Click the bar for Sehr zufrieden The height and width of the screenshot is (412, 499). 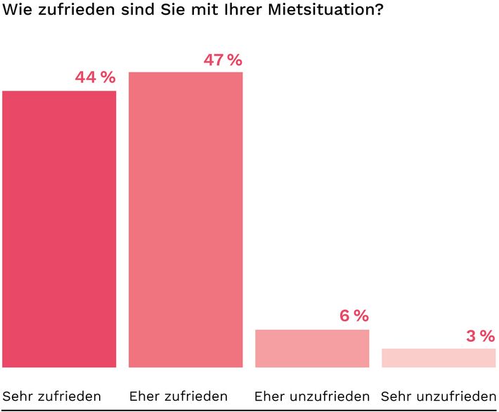point(59,228)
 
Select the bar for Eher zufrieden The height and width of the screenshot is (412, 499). point(186,219)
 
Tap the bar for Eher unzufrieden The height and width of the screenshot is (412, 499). point(312,348)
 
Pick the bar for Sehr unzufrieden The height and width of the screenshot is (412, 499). point(439,357)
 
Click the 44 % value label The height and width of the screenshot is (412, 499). point(95,78)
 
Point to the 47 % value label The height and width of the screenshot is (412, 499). point(222,60)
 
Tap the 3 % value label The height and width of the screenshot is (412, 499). point(480,337)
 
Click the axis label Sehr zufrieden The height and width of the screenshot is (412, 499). point(52,396)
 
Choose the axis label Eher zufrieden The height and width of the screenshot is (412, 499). point(179,396)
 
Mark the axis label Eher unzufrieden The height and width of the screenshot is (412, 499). point(312,396)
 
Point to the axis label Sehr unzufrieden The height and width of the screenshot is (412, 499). point(439,396)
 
